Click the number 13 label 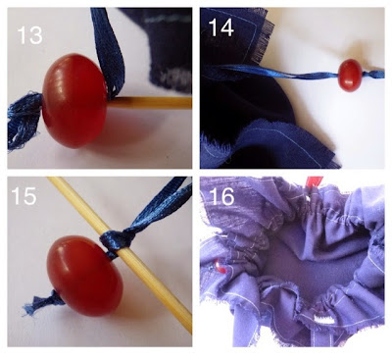pos(29,35)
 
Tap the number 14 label pos(221,27)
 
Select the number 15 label pos(24,196)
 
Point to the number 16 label pos(221,197)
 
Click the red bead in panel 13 pos(74,101)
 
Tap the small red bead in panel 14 pos(349,76)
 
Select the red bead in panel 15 pos(84,276)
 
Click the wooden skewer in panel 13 pos(150,103)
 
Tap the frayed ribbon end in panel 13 pos(24,121)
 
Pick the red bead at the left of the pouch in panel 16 pos(220,267)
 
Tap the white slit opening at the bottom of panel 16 pos(322,319)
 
